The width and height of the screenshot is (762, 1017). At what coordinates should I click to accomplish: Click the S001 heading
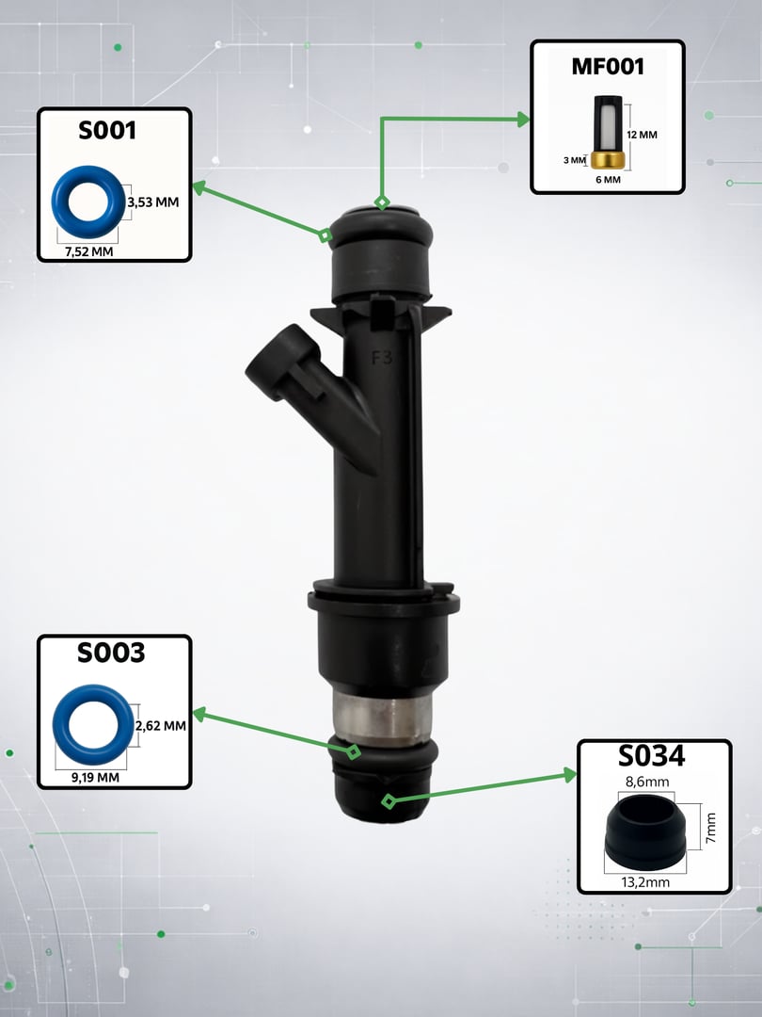click(107, 130)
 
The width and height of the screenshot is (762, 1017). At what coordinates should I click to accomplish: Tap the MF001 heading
click(608, 66)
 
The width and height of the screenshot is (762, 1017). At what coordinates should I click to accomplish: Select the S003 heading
click(111, 653)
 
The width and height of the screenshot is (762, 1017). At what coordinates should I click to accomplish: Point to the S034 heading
click(651, 756)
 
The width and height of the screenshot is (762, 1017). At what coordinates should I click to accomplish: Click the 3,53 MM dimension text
click(153, 202)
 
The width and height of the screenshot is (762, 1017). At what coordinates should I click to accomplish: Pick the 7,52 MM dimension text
click(88, 251)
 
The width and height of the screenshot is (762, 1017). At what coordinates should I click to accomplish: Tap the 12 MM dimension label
click(643, 135)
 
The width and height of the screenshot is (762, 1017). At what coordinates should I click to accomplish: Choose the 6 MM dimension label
click(609, 180)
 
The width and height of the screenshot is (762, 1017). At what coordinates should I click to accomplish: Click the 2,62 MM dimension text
click(161, 726)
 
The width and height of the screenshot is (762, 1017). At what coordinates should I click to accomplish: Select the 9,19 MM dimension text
click(95, 777)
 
